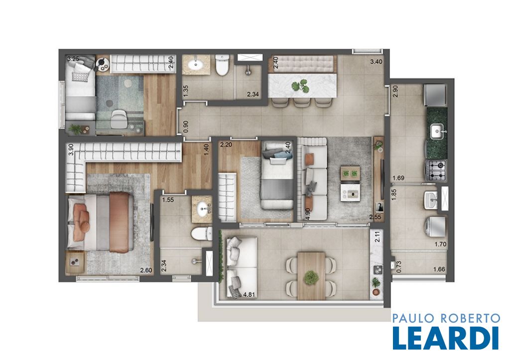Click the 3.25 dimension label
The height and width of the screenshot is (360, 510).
pos(73,59)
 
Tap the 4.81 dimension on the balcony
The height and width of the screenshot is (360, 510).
pos(249,295)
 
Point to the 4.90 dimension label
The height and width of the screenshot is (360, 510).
pos(308,214)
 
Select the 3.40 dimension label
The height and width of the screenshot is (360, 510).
pos(376,61)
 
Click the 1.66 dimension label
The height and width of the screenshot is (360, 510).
pos(439,269)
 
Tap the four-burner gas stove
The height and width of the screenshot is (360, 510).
pos(436,170)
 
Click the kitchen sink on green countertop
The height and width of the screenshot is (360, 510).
pos(437,131)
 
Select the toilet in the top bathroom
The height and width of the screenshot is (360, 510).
pos(223,65)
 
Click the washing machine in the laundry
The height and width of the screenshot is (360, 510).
pos(435,227)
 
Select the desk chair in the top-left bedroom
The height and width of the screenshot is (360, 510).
pos(119,119)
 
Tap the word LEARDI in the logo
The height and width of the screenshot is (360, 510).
pos(446,338)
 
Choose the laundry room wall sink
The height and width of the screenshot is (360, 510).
pos(431,199)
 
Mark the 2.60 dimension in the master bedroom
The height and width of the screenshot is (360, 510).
pos(146,270)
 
